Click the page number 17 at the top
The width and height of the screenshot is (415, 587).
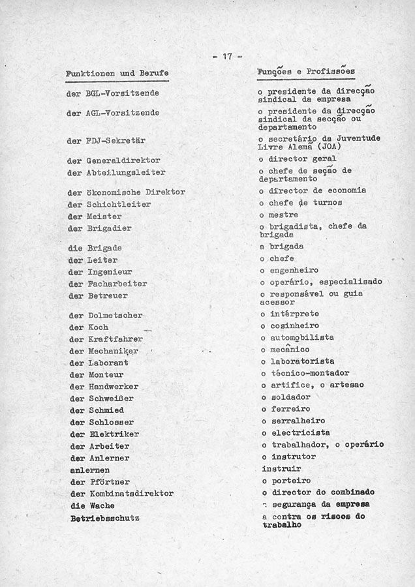[227, 56]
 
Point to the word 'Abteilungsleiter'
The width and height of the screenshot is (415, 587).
[125, 173]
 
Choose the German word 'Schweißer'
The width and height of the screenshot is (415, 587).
[113, 399]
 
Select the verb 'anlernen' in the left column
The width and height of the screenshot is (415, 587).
[89, 470]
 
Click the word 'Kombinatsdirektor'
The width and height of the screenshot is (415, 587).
[131, 494]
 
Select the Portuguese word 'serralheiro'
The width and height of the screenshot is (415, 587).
[298, 421]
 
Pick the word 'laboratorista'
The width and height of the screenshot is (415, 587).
[303, 361]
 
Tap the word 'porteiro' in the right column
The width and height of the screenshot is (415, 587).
[290, 480]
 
